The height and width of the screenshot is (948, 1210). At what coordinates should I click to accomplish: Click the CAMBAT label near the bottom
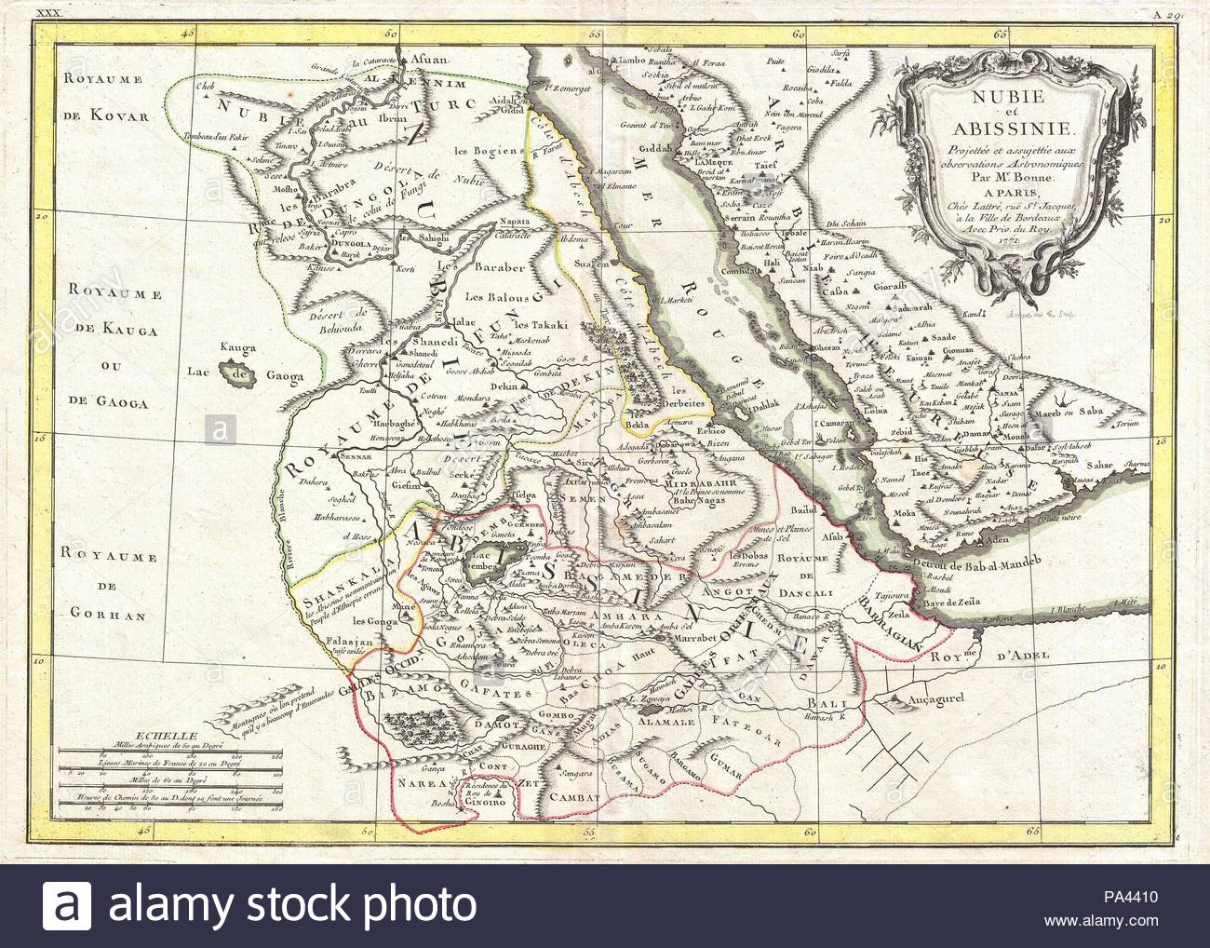(577, 797)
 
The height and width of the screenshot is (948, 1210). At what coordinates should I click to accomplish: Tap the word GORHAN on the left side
(97, 614)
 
